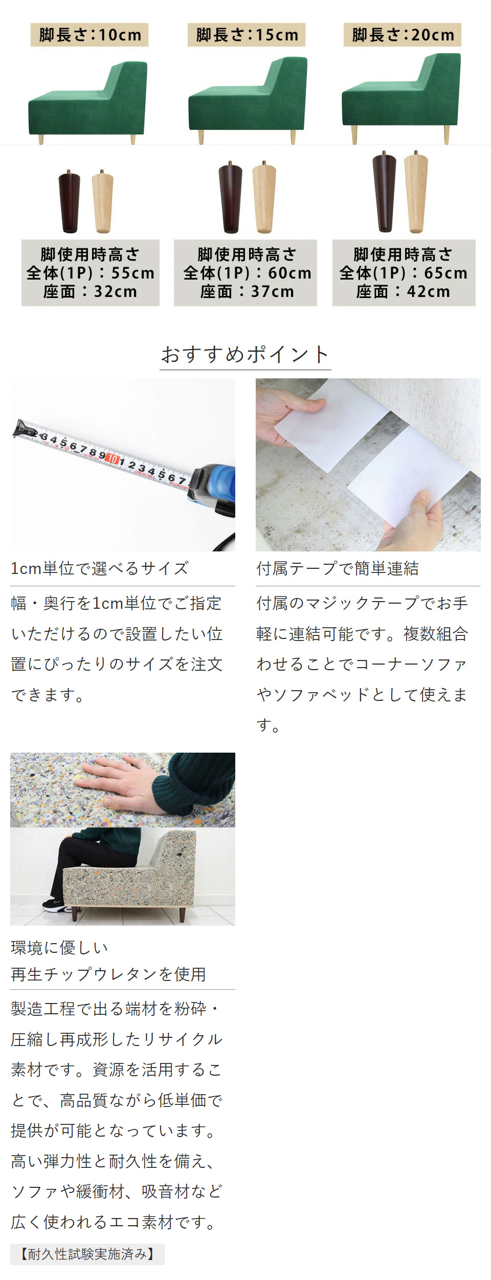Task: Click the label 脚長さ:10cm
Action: [x=90, y=35]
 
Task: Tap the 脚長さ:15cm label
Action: [x=247, y=35]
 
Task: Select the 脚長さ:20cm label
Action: [x=403, y=35]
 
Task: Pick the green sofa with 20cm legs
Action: [x=401, y=97]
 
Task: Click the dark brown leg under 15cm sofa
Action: [x=230, y=198]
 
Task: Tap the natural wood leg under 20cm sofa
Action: [x=416, y=192]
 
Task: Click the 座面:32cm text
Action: [x=91, y=291]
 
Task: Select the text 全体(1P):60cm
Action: [x=247, y=273]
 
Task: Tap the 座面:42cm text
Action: [x=403, y=291]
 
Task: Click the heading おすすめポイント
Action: [x=245, y=354]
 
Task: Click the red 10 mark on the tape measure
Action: [x=113, y=458]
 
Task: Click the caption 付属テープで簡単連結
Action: [x=338, y=568]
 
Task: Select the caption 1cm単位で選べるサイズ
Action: [x=100, y=568]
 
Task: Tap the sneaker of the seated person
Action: [x=57, y=905]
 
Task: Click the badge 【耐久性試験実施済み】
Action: [x=87, y=1254]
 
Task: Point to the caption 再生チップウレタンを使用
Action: [x=108, y=974]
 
